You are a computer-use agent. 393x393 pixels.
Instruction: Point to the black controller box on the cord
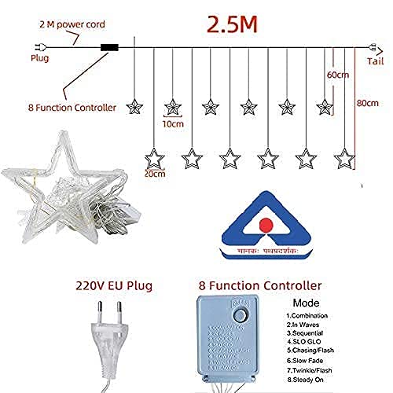tap(109, 46)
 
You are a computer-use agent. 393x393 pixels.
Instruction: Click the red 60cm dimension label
tap(339, 74)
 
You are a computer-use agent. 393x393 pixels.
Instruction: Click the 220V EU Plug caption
tap(114, 285)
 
